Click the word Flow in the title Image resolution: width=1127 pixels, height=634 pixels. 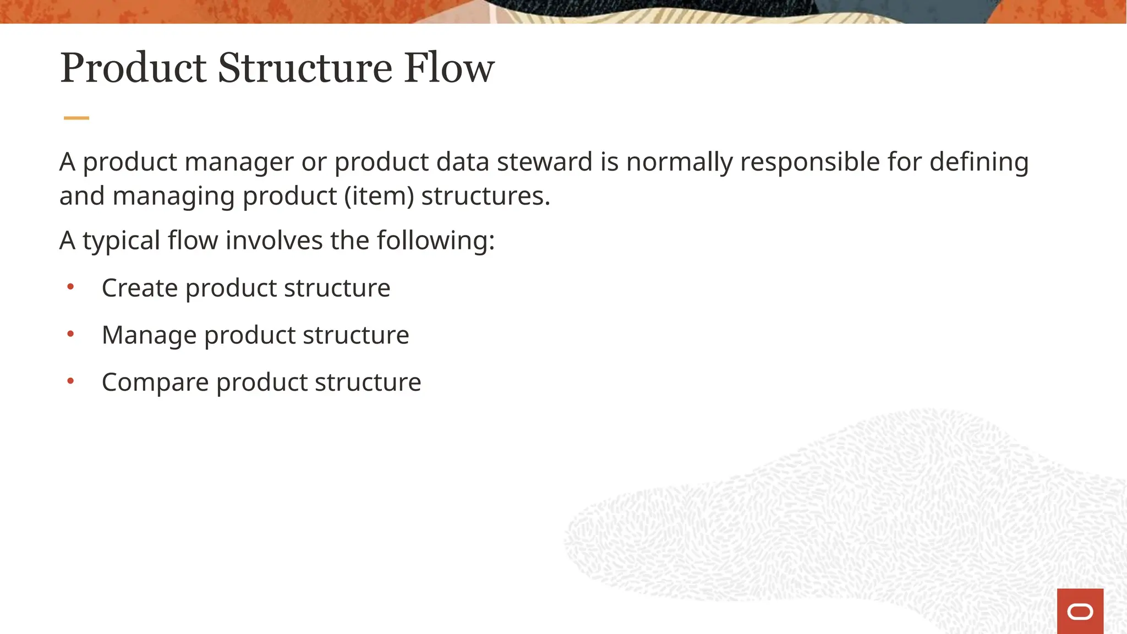448,68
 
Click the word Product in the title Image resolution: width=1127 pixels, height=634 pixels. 133,68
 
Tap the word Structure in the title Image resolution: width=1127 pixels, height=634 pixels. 305,68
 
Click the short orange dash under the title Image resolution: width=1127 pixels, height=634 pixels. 76,118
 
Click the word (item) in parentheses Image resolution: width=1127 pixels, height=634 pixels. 379,196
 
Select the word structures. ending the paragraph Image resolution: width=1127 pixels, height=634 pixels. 485,196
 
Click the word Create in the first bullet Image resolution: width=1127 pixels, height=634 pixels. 140,288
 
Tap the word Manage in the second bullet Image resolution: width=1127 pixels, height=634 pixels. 149,335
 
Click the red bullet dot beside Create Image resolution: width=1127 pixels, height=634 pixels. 70,287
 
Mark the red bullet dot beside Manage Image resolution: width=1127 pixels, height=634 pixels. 70,334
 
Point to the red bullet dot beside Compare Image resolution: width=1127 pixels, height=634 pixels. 70,381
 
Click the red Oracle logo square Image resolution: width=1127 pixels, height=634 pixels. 1080,611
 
